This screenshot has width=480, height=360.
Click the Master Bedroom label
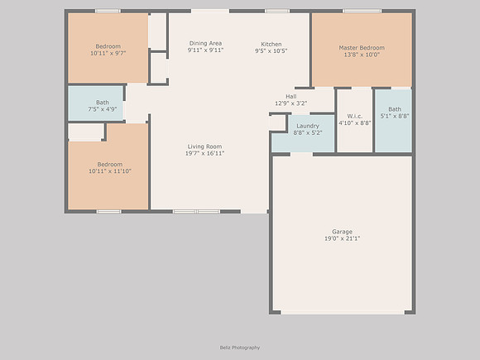coord(362,48)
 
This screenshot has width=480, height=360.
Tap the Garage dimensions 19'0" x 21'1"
coord(343,238)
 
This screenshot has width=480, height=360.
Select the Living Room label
coord(204,146)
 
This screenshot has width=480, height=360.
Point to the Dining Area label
coord(205,43)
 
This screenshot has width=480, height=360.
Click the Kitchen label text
coord(271,44)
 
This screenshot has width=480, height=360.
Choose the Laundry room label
coord(308,126)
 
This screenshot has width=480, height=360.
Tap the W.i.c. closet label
coord(355,116)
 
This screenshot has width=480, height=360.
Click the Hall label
coord(290,97)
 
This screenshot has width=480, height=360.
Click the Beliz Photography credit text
coord(240,348)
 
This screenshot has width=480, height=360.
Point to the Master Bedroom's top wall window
coord(362,11)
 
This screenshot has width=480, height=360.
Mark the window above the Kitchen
coord(277,11)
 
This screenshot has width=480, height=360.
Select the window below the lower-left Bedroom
coord(108,212)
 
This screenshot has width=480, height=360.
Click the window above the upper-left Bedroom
coord(108,11)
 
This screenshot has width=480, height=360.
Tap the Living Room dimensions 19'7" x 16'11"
coord(204,153)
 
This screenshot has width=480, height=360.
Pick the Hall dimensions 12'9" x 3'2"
coord(290,103)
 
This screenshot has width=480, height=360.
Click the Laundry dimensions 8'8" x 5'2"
coord(308,133)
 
